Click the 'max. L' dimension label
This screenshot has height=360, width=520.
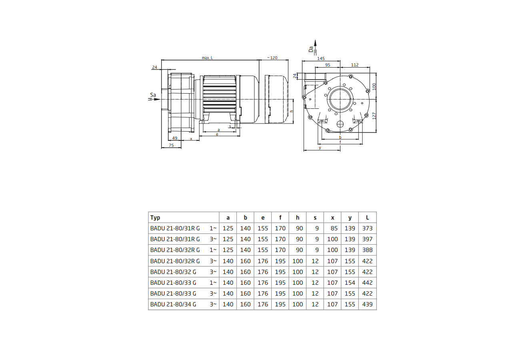207,58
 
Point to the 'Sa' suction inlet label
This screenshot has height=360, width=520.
152,95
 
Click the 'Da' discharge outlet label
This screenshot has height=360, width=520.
311,49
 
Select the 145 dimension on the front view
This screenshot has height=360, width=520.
321,58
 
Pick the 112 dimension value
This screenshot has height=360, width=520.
354,65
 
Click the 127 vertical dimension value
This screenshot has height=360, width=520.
374,115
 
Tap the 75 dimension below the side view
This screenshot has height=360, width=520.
171,146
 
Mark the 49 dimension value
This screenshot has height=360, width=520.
175,138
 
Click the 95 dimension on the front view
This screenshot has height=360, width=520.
327,65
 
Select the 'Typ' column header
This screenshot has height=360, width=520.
155,218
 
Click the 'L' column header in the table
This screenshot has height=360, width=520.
367,218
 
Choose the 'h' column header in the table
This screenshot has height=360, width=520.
298,218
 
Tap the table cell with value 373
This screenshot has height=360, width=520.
367,228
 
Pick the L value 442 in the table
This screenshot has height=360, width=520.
367,283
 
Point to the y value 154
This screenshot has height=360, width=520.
350,283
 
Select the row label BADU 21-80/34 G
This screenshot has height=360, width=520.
173,304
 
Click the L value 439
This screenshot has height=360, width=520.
367,304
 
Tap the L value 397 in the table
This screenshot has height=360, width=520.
367,239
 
